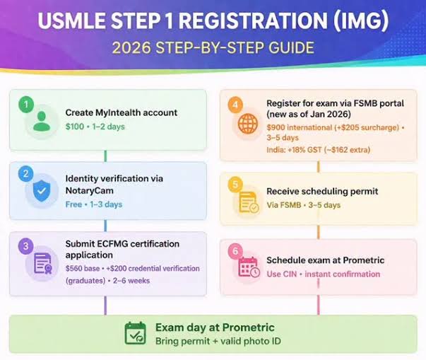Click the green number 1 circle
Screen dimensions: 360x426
click(x=27, y=104)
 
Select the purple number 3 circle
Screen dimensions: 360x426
click(x=27, y=245)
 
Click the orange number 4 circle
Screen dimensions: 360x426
click(x=235, y=104)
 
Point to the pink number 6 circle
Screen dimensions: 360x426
click(x=235, y=250)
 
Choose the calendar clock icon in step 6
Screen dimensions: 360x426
click(x=249, y=268)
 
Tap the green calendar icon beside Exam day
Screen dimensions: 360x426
click(x=135, y=332)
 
